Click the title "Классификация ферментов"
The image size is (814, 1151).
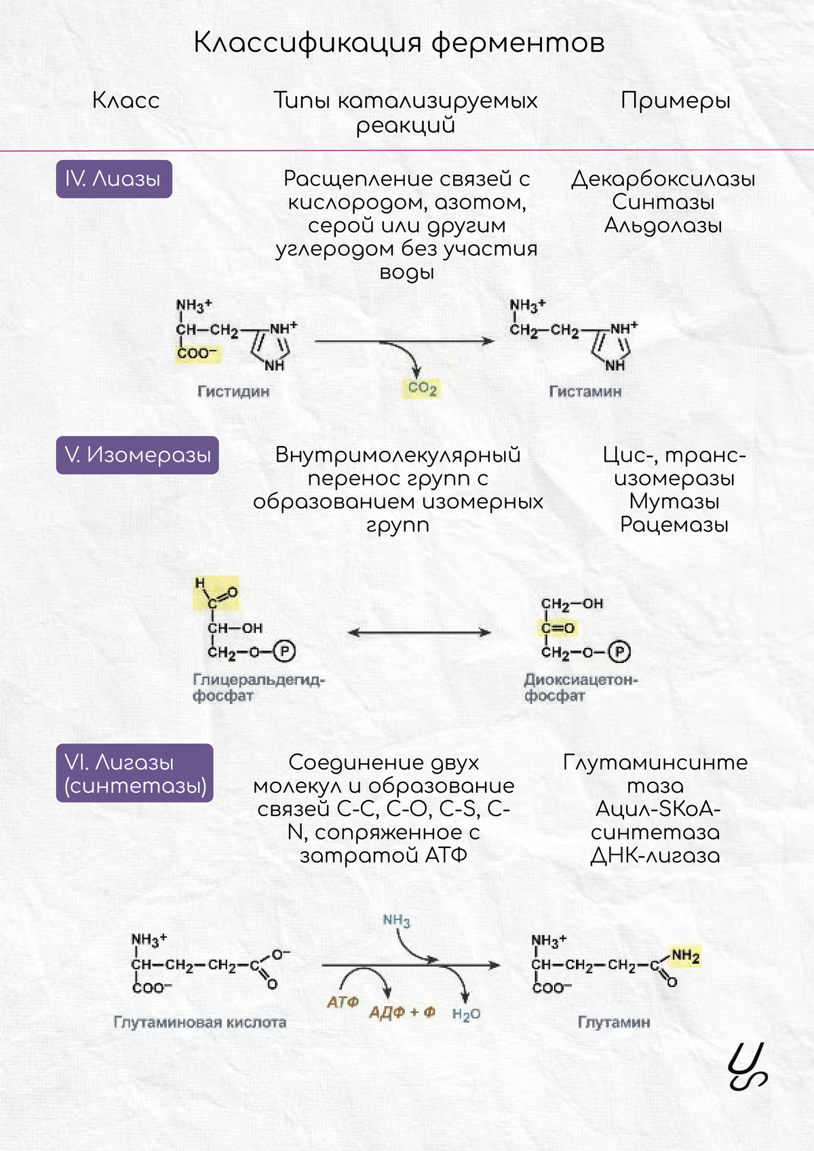coord(399,43)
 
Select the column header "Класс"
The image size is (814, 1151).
coord(126,101)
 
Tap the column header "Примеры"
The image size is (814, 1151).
coord(676,101)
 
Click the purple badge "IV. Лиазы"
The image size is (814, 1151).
coord(114,179)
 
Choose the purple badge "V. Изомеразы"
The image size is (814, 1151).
coord(138,455)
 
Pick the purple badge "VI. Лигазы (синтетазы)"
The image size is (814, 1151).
coord(135,773)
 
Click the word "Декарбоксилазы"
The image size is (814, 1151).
coord(663,179)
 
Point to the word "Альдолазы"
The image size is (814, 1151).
coord(663,225)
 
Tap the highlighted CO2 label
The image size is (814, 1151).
coord(422,388)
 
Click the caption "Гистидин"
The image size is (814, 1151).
coord(233,392)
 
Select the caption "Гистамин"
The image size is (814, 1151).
coord(585,392)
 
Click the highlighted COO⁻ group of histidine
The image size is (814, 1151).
coord(196,353)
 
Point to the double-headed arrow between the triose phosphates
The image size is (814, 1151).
coord(419,632)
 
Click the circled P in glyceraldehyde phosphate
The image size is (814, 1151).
coord(285,652)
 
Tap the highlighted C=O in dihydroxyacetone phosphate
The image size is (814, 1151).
coord(558,628)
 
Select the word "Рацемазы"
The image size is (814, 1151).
coord(674,525)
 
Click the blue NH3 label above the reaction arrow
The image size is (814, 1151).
coord(397,921)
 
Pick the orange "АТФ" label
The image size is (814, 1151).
coord(343,1002)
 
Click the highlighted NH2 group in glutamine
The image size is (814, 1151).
coord(685,956)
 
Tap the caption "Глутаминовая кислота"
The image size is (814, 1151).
coord(200,1022)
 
